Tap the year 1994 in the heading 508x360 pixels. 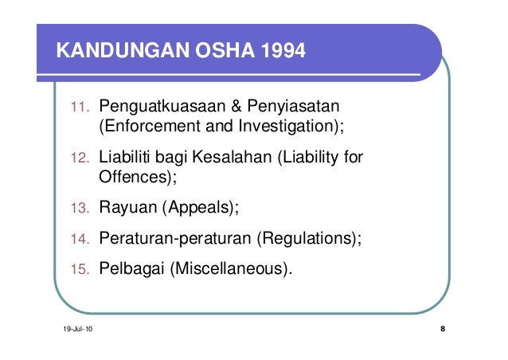[x=279, y=53]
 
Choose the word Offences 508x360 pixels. [x=131, y=178]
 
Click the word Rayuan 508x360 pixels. [x=127, y=209]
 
